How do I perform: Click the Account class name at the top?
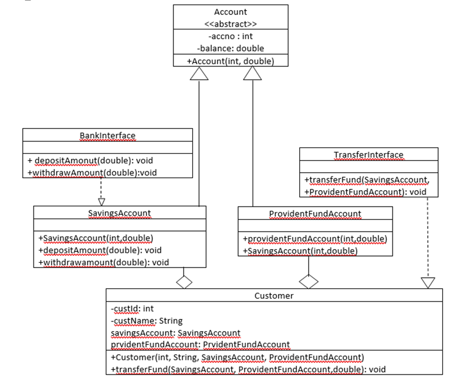point(230,12)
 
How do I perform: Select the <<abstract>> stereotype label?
point(230,24)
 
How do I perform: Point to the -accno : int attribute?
point(230,36)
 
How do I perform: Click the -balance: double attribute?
point(230,48)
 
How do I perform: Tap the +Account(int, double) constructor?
point(230,61)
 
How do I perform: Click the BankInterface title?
point(108,136)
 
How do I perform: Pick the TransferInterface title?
point(368,155)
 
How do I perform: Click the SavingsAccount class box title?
point(120,213)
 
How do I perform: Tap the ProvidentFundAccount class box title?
point(315,214)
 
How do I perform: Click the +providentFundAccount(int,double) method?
point(315,239)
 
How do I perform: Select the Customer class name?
point(274,296)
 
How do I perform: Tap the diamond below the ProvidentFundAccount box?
point(309,282)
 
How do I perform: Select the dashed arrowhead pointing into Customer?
point(428,283)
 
